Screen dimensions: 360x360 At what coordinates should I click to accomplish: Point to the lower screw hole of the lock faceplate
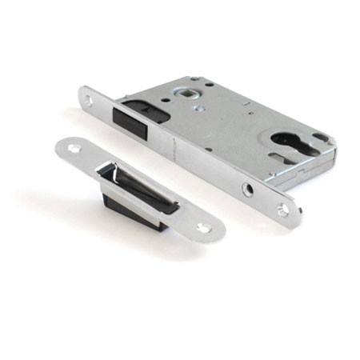click(282, 210)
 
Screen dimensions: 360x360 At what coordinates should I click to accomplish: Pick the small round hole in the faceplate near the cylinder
click(249, 190)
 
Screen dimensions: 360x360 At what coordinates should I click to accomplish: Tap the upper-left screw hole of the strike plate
click(74, 149)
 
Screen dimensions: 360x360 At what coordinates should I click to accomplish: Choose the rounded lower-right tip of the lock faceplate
click(297, 218)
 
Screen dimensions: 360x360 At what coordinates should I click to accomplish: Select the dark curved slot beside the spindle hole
click(159, 104)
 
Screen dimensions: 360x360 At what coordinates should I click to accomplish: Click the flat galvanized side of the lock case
click(240, 128)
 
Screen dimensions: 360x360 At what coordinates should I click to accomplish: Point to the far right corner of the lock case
click(331, 144)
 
